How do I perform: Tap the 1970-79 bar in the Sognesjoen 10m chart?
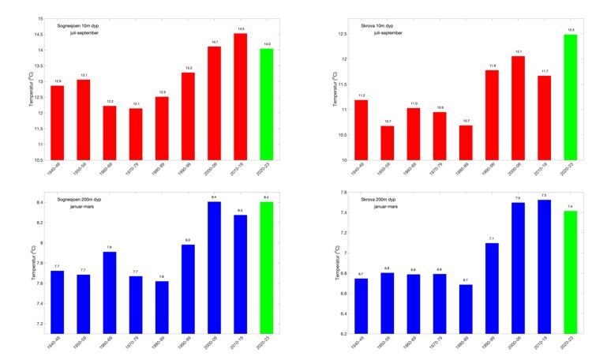click(136, 134)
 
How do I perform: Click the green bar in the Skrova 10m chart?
click(568, 97)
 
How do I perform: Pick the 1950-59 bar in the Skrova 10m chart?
click(386, 143)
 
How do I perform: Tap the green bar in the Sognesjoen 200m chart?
click(266, 268)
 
